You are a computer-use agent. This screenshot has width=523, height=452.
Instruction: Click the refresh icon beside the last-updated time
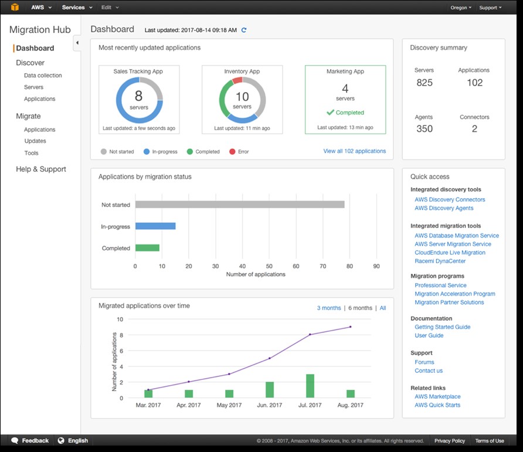pyautogui.click(x=244, y=30)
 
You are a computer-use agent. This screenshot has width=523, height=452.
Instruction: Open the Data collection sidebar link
pyautogui.click(x=43, y=76)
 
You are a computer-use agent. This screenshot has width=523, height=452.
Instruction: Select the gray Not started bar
pyautogui.click(x=239, y=205)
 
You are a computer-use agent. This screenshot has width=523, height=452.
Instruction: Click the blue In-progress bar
pyautogui.click(x=155, y=226)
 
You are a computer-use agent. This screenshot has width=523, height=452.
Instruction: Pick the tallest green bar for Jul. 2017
pyautogui.click(x=310, y=386)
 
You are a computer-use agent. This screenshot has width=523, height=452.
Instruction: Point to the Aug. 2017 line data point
pyautogui.click(x=351, y=327)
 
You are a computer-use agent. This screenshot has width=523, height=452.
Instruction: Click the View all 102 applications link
pyautogui.click(x=354, y=151)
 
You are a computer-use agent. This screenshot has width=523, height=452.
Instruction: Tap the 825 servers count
pyautogui.click(x=424, y=83)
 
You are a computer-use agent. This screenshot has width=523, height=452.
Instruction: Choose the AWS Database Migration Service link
pyautogui.click(x=457, y=236)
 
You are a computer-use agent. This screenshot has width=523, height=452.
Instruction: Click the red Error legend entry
pyautogui.click(x=239, y=152)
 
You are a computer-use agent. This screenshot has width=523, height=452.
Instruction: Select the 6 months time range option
pyautogui.click(x=360, y=308)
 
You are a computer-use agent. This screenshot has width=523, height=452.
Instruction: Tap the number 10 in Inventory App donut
pyautogui.click(x=242, y=97)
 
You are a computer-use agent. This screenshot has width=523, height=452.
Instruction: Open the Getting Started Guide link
pyautogui.click(x=442, y=327)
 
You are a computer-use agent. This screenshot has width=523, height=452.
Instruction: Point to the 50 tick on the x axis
pyautogui.click(x=269, y=266)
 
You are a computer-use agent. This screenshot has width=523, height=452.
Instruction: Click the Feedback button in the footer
pyautogui.click(x=30, y=441)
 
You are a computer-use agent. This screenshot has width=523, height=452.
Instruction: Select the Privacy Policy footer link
pyautogui.click(x=450, y=441)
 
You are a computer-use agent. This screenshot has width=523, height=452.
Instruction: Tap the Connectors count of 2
pyautogui.click(x=474, y=129)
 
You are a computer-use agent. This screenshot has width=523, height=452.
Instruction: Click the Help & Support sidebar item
pyautogui.click(x=41, y=169)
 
